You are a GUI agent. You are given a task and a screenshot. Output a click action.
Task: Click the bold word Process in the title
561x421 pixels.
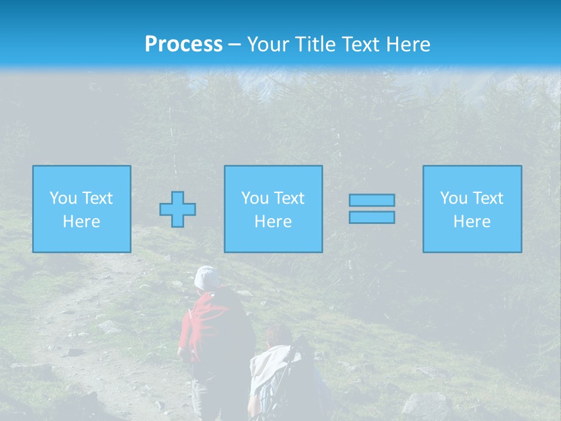tap(183, 44)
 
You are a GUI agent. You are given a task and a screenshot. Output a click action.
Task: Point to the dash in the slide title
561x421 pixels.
tap(234, 45)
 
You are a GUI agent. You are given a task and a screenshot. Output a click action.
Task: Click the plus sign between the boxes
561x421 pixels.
tap(178, 209)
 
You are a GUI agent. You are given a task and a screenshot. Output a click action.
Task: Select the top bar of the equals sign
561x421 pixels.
tap(372, 200)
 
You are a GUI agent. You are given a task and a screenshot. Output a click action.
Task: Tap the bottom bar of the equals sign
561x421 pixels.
tap(372, 217)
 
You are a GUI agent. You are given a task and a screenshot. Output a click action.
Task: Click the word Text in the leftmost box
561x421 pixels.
tap(98, 198)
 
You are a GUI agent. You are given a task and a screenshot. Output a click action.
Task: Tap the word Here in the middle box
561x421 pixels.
tap(273, 222)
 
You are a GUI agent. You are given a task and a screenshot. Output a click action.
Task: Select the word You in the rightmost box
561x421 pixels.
tap(453, 198)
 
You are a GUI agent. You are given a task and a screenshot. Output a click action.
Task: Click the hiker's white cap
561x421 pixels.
tap(206, 277)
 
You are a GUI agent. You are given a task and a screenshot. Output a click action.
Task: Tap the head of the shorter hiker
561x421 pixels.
tap(279, 336)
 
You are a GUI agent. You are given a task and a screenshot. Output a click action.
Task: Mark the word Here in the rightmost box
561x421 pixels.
tap(472, 222)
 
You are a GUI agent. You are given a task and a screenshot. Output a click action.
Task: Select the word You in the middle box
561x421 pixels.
tap(255, 198)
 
